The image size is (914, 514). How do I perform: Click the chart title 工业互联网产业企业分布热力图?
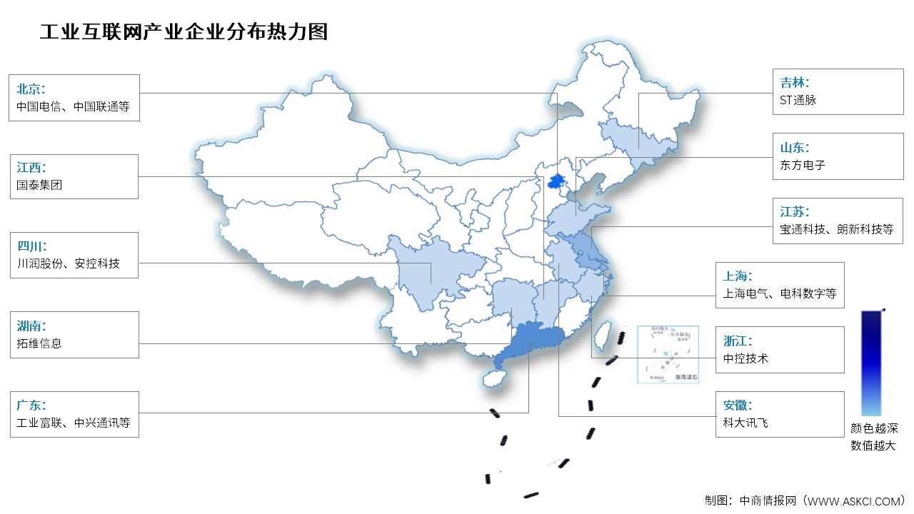click(184, 32)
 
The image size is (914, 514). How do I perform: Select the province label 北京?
click(31, 89)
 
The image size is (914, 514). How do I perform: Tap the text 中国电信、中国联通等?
click(74, 109)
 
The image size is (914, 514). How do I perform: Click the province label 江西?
click(31, 168)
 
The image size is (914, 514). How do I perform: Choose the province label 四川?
click(31, 246)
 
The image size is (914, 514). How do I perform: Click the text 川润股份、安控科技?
click(68, 264)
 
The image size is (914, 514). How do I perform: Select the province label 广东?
click(31, 405)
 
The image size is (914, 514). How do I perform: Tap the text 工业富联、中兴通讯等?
click(74, 423)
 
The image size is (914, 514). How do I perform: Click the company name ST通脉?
click(798, 101)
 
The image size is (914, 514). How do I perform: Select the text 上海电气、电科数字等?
click(779, 293)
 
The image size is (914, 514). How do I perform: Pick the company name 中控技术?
click(745, 358)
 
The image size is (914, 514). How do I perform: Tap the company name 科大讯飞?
click(745, 423)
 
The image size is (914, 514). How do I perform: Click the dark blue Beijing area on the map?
click(555, 181)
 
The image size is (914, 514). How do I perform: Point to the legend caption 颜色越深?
click(873, 429)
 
